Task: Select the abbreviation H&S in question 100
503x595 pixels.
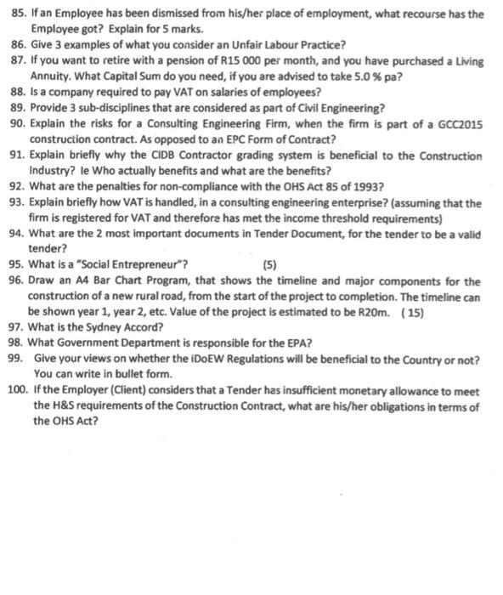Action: tap(64, 405)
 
